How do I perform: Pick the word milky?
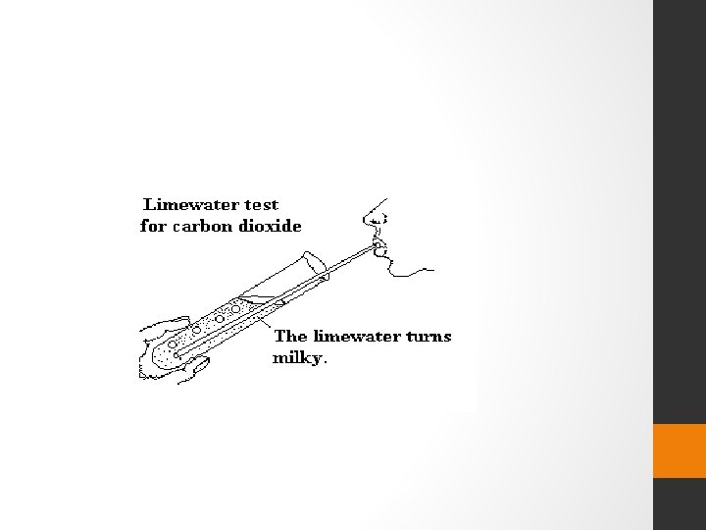pos(296,358)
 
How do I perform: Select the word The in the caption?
pos(290,337)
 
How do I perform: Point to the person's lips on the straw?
pos(378,244)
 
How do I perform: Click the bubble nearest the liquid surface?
pos(236,309)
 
